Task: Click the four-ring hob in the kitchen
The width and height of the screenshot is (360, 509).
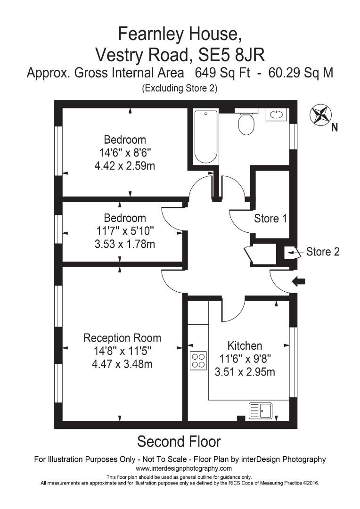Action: pyautogui.click(x=198, y=360)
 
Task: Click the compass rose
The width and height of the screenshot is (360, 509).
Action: pyautogui.click(x=320, y=115)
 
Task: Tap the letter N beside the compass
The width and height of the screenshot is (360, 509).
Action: pyautogui.click(x=335, y=127)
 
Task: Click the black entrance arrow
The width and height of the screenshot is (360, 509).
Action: pyautogui.click(x=299, y=281)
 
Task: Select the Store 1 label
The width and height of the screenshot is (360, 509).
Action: pyautogui.click(x=270, y=219)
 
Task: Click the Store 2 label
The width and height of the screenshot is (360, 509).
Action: pyautogui.click(x=323, y=252)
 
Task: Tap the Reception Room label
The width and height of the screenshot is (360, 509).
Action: pyautogui.click(x=122, y=338)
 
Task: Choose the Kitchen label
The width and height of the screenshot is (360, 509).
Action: pyautogui.click(x=245, y=345)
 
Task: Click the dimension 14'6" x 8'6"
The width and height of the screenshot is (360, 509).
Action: pyautogui.click(x=125, y=153)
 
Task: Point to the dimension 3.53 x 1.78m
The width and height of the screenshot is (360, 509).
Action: pyautogui.click(x=125, y=244)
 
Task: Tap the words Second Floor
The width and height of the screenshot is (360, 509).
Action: pyautogui.click(x=179, y=442)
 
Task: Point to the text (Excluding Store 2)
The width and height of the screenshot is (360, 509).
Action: pyautogui.click(x=180, y=88)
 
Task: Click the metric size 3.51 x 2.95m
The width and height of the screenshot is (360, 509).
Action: pyautogui.click(x=245, y=372)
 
